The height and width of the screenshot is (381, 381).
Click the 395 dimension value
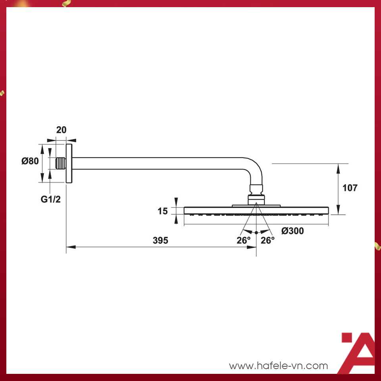coord(160,241)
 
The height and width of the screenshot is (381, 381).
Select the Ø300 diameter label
coord(292,231)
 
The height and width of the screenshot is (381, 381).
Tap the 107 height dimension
coord(350,188)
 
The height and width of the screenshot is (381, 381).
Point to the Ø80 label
coord(30,161)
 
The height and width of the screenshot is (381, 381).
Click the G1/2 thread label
coord(51,199)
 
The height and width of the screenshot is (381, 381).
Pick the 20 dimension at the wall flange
coord(61,130)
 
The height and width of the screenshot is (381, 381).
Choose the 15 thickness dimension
coord(163,211)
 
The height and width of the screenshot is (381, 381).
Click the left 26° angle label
coord(244,241)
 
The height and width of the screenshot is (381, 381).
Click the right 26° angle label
coord(267,241)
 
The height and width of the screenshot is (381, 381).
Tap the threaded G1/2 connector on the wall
coord(60,163)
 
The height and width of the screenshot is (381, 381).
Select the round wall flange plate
coord(69,164)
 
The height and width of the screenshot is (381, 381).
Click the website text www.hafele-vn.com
coord(279,366)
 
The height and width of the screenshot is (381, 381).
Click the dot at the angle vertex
coord(256,232)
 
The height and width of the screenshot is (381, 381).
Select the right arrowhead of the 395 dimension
coord(252,247)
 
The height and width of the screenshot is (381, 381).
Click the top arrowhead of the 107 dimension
coord(338,168)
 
